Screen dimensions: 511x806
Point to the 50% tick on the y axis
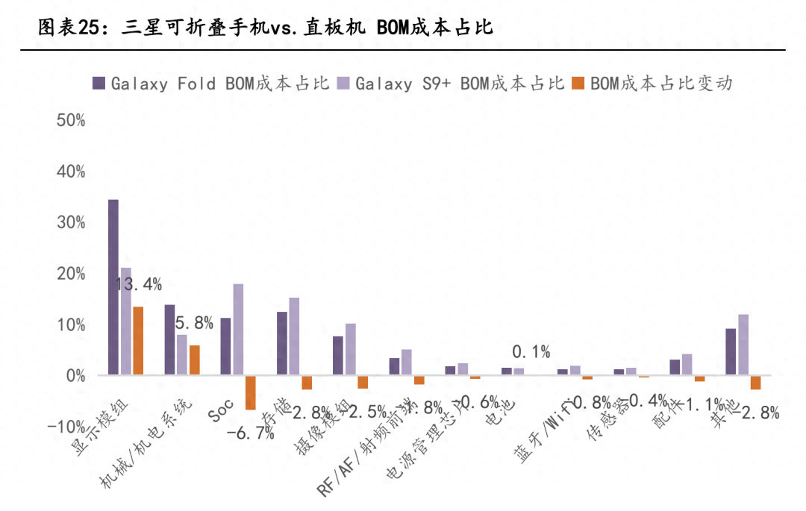tap(71, 121)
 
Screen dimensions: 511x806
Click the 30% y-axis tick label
tap(71, 223)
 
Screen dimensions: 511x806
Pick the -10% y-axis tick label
tap(68, 427)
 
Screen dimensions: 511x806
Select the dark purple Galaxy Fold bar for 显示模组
tap(113, 286)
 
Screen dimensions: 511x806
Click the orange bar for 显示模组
tap(138, 340)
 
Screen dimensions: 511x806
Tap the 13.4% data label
tap(137, 284)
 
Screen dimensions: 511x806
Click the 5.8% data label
tap(194, 324)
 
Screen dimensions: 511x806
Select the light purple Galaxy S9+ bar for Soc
tap(238, 329)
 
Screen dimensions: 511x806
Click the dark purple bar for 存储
tap(282, 343)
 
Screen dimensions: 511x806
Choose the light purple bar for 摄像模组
tap(351, 349)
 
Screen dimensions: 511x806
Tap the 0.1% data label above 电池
tap(531, 351)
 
